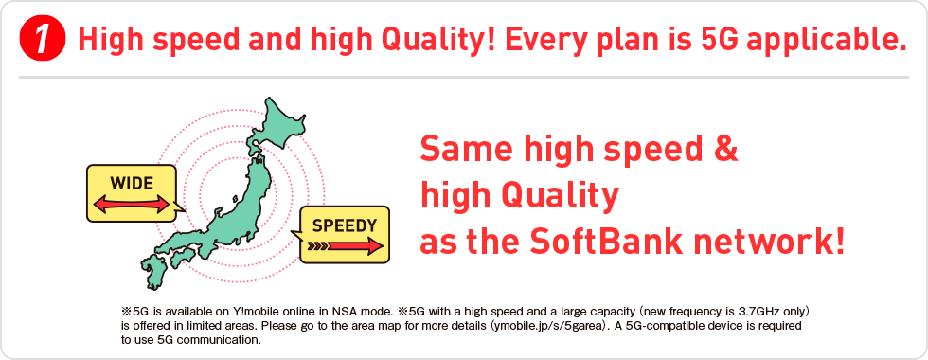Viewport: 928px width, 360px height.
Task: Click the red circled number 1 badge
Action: pyautogui.click(x=42, y=39)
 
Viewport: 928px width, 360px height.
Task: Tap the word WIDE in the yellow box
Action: pyautogui.click(x=132, y=183)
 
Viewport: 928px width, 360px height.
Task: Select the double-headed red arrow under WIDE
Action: pyautogui.click(x=132, y=205)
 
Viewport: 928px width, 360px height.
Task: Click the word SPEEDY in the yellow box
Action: pyautogui.click(x=344, y=225)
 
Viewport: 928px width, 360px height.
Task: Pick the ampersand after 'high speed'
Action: pyautogui.click(x=727, y=148)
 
